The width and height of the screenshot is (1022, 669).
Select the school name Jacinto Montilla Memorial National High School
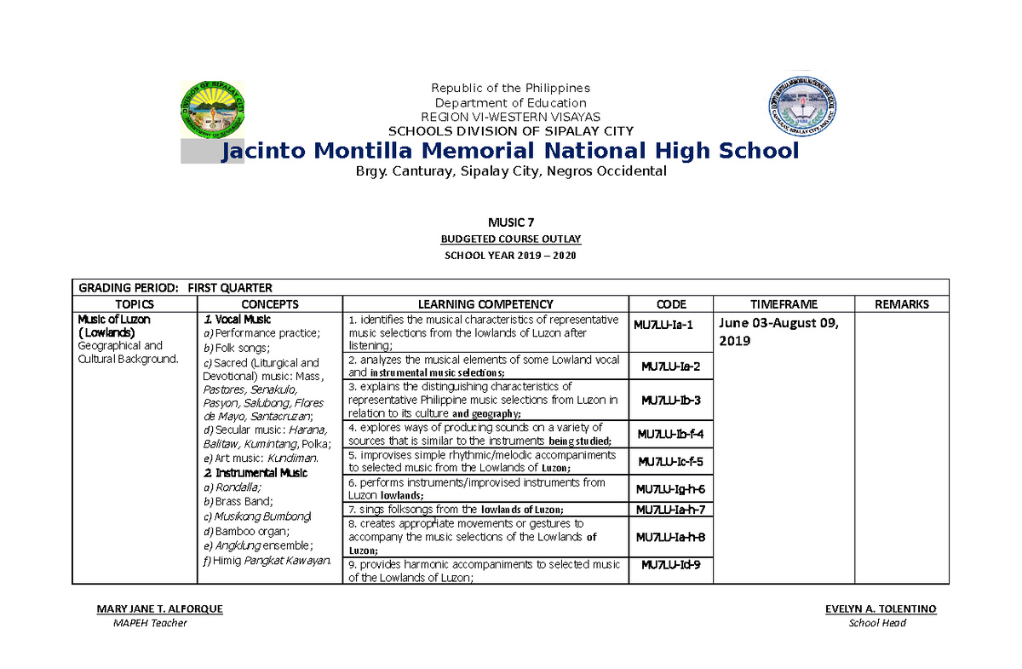509,152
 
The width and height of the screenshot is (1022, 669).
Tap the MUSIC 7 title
510,222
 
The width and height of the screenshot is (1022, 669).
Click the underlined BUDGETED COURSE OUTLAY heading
510,239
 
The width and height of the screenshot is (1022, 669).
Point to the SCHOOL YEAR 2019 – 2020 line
510,257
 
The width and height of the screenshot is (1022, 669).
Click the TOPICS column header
135,304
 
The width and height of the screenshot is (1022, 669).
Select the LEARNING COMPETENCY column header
485,304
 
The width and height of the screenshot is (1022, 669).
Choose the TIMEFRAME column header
784,304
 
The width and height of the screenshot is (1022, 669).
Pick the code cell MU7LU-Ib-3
671,400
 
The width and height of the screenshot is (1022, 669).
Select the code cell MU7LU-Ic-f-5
671,461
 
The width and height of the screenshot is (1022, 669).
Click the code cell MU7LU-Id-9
671,565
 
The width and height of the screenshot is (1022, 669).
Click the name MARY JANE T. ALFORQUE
160,609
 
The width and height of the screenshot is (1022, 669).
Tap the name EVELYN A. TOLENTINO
880,609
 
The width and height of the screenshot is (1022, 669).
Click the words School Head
877,623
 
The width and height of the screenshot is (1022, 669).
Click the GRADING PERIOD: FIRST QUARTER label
175,288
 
